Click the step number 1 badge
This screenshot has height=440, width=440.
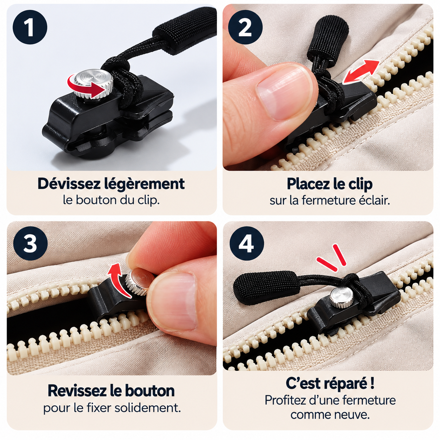tap(30, 27)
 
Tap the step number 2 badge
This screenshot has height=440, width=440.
tap(245, 27)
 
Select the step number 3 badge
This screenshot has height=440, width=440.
tap(31, 244)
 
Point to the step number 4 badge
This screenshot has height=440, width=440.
tap(247, 244)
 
